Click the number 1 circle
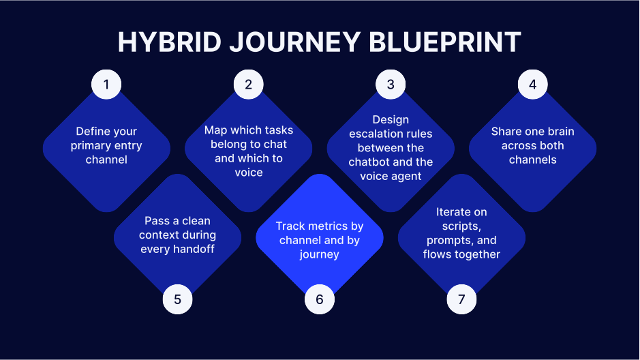click(x=106, y=85)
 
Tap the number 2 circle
click(x=248, y=85)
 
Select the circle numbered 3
click(x=391, y=85)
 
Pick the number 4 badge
click(x=532, y=85)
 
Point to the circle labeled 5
click(x=177, y=299)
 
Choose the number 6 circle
click(x=319, y=299)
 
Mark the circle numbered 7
click(x=461, y=299)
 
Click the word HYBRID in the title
click(x=166, y=42)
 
